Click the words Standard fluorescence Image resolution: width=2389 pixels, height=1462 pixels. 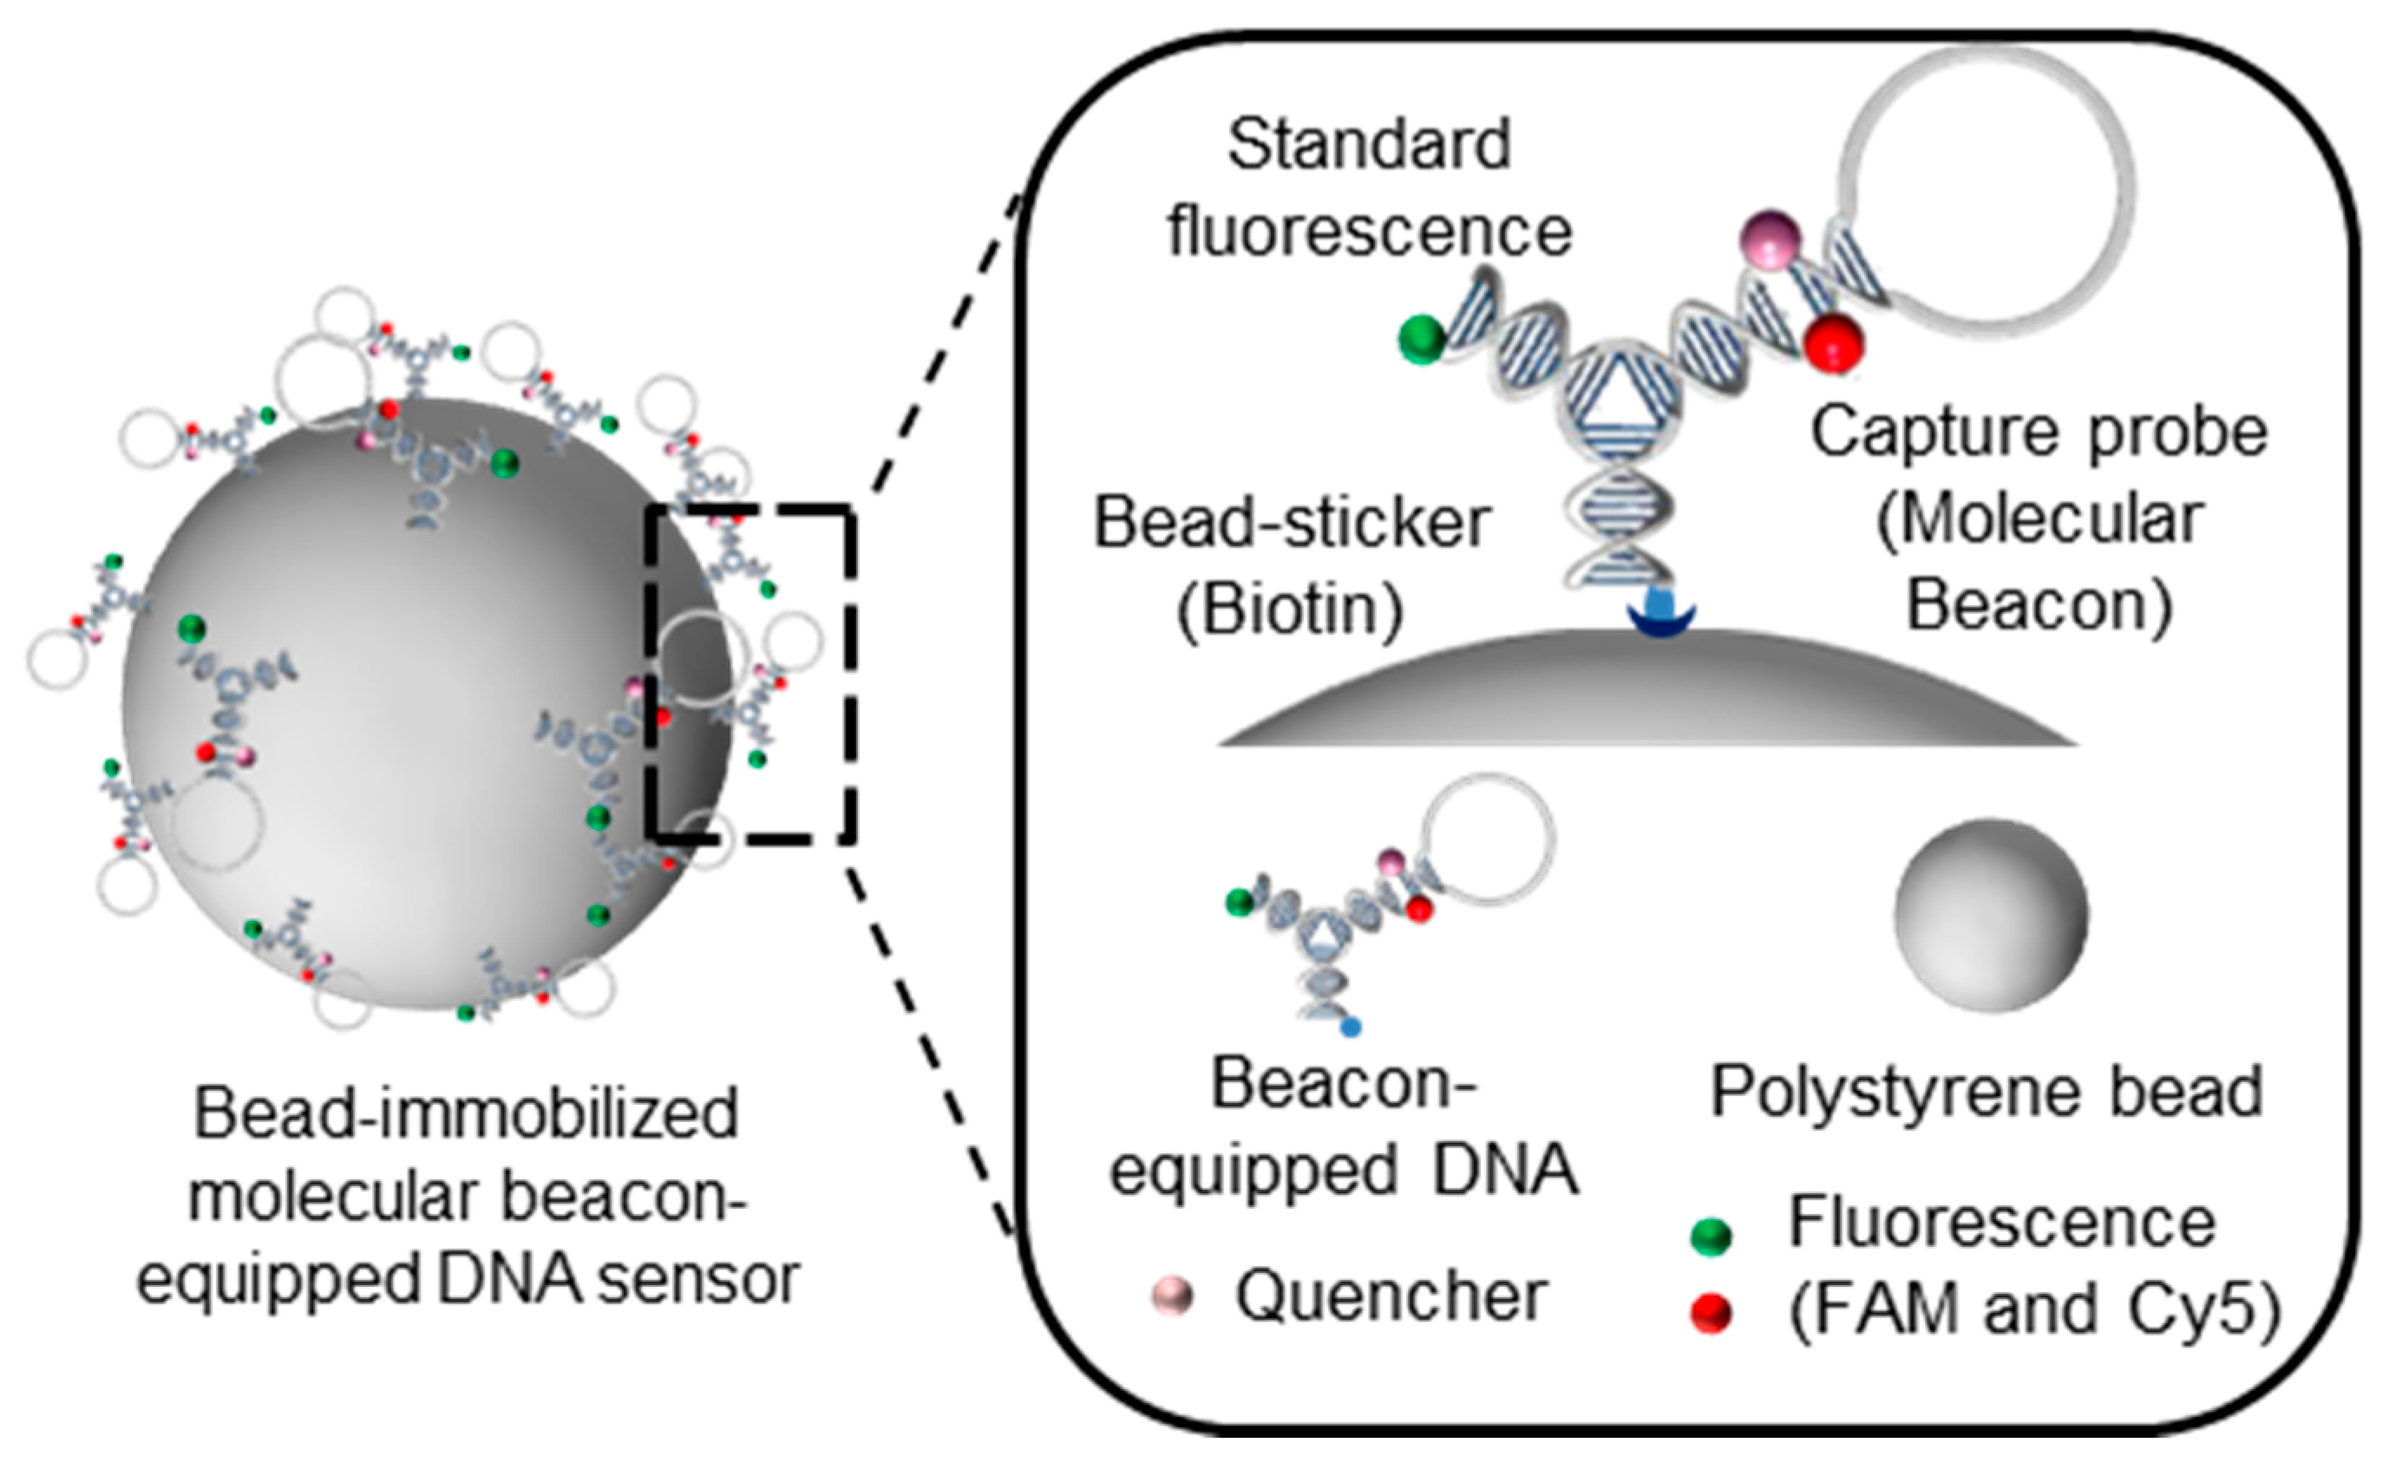[1368, 188]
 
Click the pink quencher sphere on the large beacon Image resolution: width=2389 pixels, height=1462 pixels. [1771, 238]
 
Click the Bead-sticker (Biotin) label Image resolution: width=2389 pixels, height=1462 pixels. [1292, 566]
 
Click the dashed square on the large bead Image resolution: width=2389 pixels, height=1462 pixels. [751, 672]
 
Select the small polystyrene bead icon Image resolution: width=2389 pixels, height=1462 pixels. [1991, 915]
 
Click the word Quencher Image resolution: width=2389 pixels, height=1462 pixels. [1391, 1296]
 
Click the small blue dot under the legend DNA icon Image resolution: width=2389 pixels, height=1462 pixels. [1352, 1027]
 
